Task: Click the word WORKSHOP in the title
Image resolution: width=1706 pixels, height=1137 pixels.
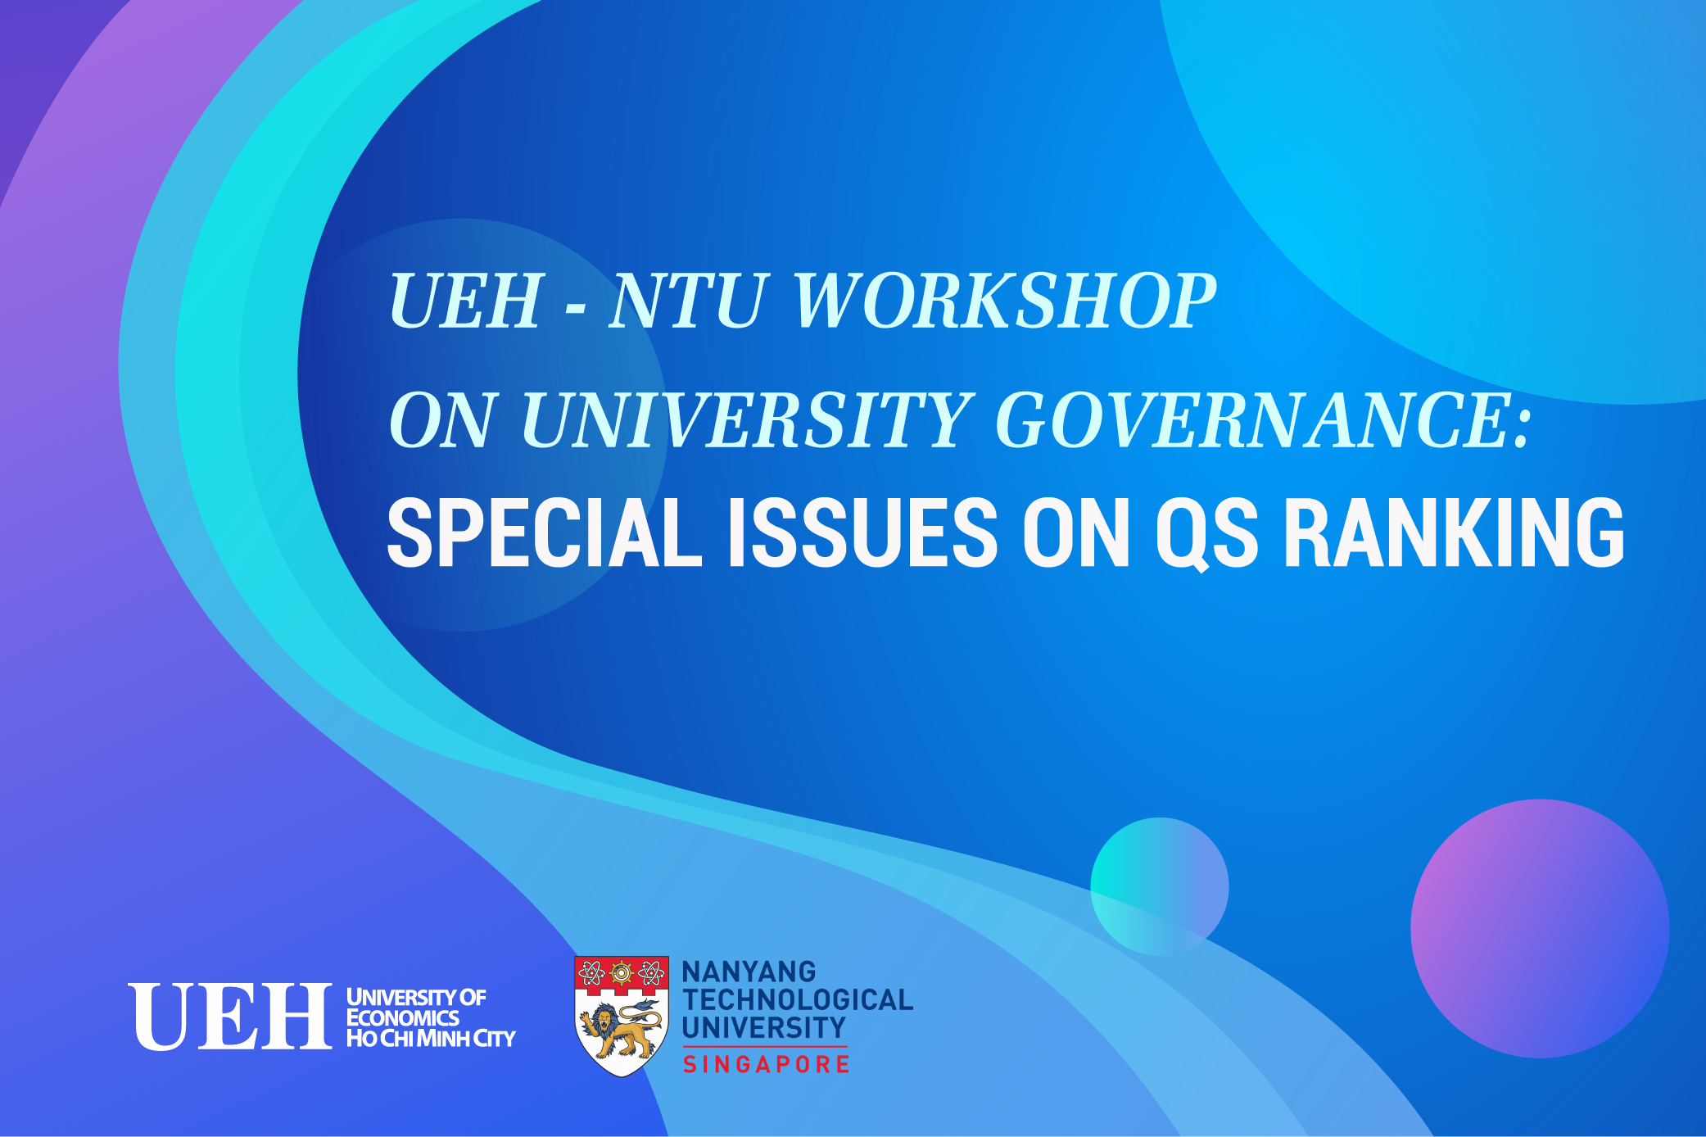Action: coord(1005,301)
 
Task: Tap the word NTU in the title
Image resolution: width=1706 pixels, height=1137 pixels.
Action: coord(688,301)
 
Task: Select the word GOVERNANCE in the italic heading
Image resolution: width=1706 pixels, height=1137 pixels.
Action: coord(1252,420)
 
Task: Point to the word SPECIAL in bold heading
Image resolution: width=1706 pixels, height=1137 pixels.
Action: coord(545,532)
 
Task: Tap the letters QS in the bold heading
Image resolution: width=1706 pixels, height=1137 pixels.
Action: coord(1206,534)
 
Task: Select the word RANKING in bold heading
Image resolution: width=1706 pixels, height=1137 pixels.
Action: coord(1455,532)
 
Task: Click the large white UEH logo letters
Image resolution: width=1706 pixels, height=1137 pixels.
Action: coord(230,1017)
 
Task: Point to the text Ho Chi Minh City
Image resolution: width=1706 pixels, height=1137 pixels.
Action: coord(431,1038)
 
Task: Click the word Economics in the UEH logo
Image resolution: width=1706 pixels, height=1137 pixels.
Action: coord(403,1017)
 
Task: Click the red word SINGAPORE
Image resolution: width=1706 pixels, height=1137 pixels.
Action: coord(767,1064)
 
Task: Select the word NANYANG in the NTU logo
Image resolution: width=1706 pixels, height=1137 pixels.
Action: coord(749,972)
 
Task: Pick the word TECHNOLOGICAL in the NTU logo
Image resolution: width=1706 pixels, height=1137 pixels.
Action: coord(798,999)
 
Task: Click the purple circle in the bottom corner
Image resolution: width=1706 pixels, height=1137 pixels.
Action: coord(1540,928)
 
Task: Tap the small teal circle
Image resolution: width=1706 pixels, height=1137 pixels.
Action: coord(1160,886)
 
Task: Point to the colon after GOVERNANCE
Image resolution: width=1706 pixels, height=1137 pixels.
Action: coord(1523,427)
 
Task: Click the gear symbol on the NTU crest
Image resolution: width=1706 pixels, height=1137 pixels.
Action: coord(622,973)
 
